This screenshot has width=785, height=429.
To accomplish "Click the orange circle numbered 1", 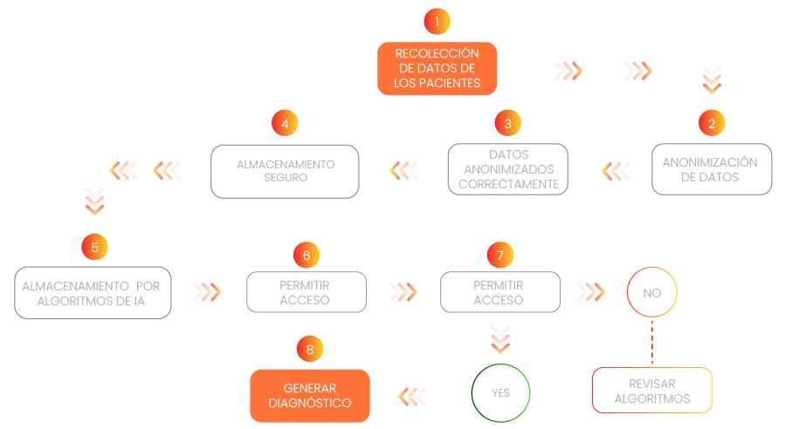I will [437, 21].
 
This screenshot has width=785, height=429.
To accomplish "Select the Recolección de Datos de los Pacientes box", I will [437, 68].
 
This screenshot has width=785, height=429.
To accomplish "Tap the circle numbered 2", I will [712, 124].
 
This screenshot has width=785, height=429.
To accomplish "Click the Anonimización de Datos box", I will [712, 169].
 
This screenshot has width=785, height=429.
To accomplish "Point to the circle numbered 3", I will [507, 124].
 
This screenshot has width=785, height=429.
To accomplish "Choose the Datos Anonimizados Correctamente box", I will [507, 169].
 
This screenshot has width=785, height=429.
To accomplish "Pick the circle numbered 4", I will [285, 124].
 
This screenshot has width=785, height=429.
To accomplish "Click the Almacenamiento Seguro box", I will [285, 170].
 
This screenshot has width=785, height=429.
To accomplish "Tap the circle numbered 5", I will [94, 248].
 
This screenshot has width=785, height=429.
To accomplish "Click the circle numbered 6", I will [306, 255].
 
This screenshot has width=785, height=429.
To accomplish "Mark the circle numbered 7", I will [499, 255].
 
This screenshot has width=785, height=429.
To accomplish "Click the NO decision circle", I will [652, 293].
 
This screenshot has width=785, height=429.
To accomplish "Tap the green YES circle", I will [500, 392].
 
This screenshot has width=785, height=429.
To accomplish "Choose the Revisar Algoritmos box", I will [652, 391].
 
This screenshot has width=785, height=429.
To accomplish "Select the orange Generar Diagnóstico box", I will [310, 396].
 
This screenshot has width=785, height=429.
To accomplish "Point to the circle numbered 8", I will [309, 350].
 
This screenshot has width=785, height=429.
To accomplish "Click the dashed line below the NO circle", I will [652, 343].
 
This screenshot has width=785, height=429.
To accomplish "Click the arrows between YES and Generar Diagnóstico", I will [413, 396].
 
